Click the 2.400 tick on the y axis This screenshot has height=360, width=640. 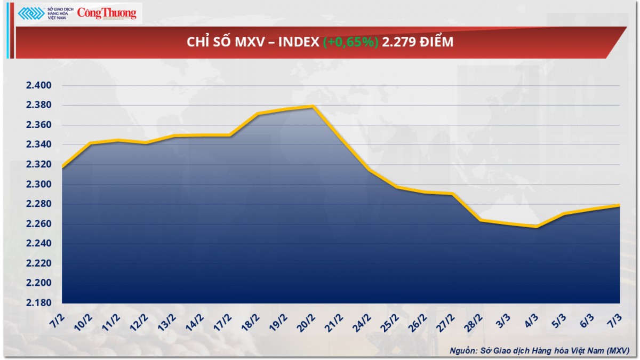pos(37,86)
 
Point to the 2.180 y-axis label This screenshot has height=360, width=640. pos(37,303)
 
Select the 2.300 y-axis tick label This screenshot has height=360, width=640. pos(37,185)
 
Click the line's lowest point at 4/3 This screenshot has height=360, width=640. pos(536,227)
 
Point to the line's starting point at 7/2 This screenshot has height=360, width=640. pos(62,168)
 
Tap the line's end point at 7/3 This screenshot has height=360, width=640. pos(619,205)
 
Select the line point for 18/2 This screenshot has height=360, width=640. pos(258,114)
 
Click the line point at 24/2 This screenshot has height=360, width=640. pos(369,170)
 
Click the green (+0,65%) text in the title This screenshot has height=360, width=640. pos(351,42)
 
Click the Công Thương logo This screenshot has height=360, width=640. pos(107,13)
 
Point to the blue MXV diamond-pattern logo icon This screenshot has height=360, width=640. pos(31,13)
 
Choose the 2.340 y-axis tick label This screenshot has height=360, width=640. pos(37,145)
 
